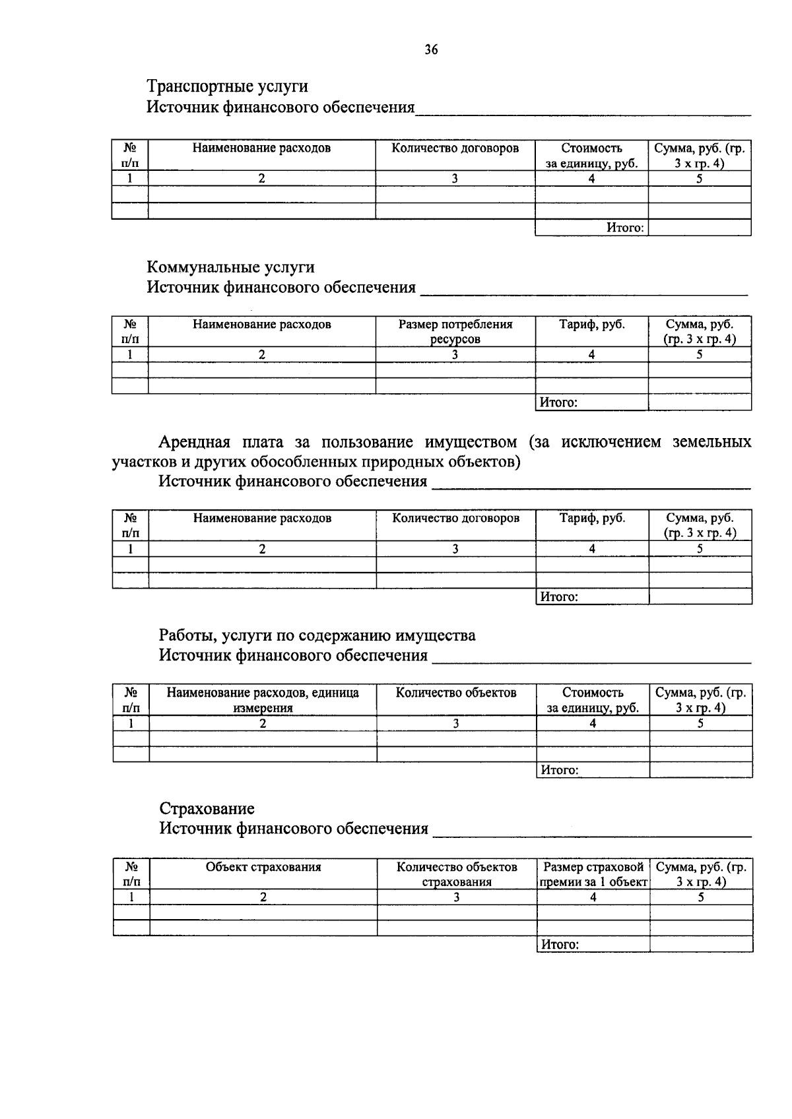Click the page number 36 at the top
pyautogui.click(x=431, y=50)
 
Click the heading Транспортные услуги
pyautogui.click(x=227, y=86)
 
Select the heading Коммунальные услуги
pyautogui.click(x=230, y=267)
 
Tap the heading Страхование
pyautogui.click(x=207, y=808)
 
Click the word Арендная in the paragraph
pyautogui.click(x=194, y=441)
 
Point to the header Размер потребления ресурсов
pyautogui.click(x=455, y=331)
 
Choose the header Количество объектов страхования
pyautogui.click(x=457, y=874)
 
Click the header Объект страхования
pyautogui.click(x=263, y=867)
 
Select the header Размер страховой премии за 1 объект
pyautogui.click(x=593, y=874)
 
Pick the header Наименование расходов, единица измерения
pyautogui.click(x=263, y=700)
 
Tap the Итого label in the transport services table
pyautogui.click(x=624, y=228)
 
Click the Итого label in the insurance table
pyautogui.click(x=560, y=944)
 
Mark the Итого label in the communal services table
pyautogui.click(x=558, y=402)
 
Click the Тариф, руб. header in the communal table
pyautogui.click(x=592, y=324)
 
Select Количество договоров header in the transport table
pyautogui.click(x=455, y=148)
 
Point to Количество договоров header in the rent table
pyautogui.click(x=455, y=518)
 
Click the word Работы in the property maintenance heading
pyautogui.click(x=187, y=635)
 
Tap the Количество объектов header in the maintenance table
pyautogui.click(x=456, y=692)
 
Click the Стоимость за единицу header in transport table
pyautogui.click(x=591, y=156)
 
